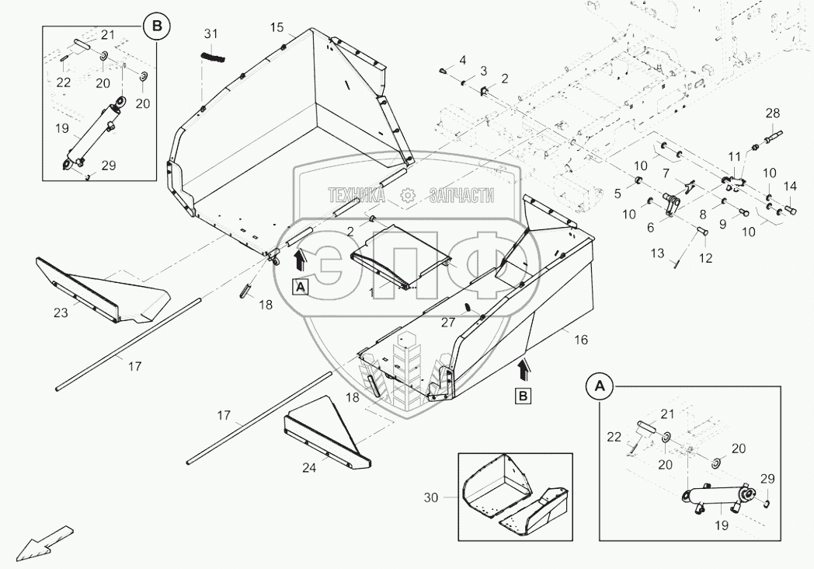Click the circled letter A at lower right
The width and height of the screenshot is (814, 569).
coord(599,386)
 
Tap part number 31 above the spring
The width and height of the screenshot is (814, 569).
coord(210,34)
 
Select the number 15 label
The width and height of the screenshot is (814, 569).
coord(277,27)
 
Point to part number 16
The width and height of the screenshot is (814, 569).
coord(581,340)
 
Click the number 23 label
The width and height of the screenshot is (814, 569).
coord(61,312)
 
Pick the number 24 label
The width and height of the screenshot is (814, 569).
coord(309,468)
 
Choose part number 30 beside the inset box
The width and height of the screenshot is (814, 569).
coord(431,497)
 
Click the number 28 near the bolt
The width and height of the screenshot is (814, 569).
coord(773,113)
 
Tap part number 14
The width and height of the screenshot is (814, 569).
coord(790,186)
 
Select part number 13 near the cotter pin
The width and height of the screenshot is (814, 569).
coord(657,253)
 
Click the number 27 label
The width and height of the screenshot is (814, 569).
coord(448,323)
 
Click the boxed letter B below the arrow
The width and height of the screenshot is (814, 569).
coord(523,396)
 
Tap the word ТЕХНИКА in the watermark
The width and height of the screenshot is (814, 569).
coord(357,195)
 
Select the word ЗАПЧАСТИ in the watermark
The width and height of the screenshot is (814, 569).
coord(461,195)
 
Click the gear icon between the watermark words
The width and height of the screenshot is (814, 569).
coord(408,195)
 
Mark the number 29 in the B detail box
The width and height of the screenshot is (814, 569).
coord(109,166)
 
